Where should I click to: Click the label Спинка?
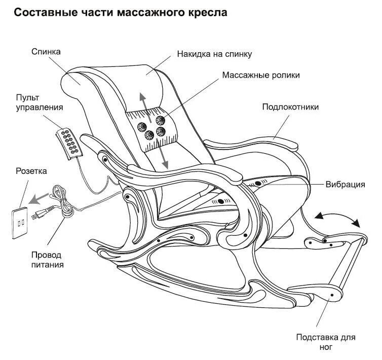[46, 51]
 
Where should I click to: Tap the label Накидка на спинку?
[214, 53]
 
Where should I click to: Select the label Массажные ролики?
[260, 75]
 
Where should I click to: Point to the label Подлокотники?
[290, 107]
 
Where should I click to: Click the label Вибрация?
[345, 185]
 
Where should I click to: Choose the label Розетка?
[31, 171]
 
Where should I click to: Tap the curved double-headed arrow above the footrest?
[337, 218]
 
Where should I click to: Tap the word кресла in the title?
[208, 13]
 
